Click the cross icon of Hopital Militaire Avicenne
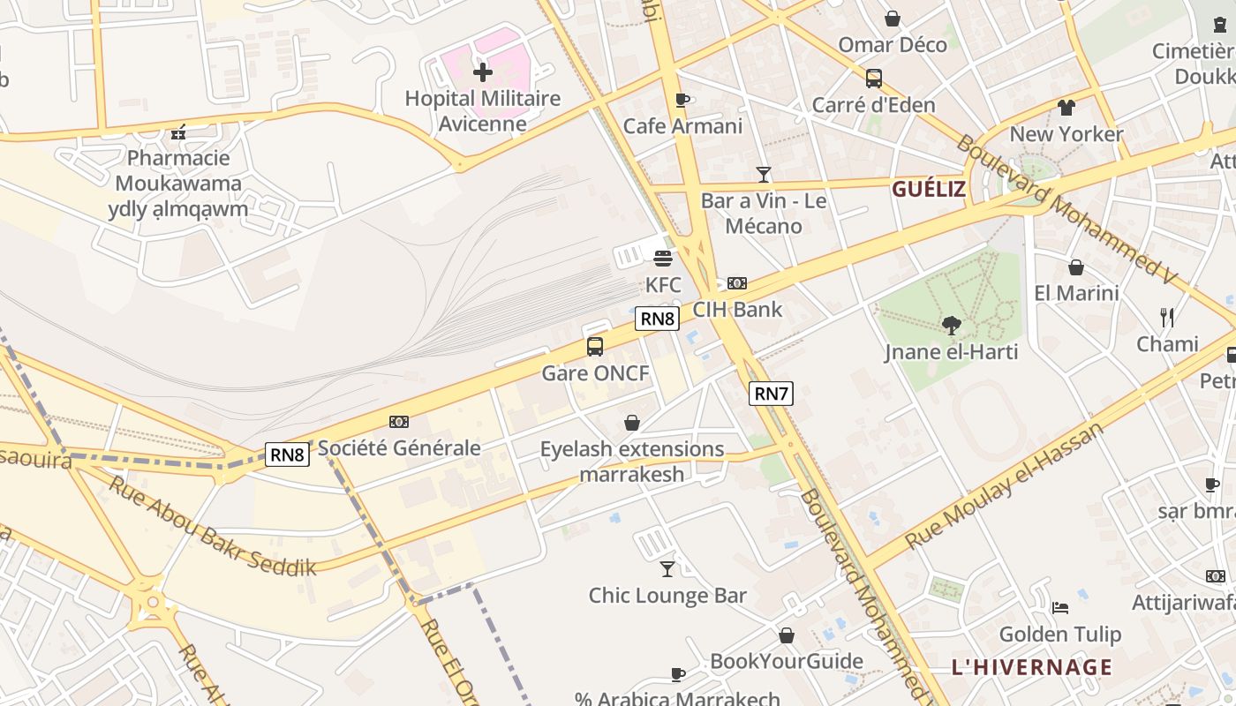[x=483, y=72]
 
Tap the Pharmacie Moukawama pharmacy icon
[x=178, y=133]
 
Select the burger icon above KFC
[x=663, y=258]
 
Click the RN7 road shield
[x=771, y=394]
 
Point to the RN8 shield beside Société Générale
[x=288, y=454]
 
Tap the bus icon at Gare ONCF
[x=595, y=347]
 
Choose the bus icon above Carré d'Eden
[x=873, y=79]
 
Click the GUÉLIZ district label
[x=928, y=189]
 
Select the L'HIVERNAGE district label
[x=1031, y=667]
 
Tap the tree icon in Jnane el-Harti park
[x=951, y=326]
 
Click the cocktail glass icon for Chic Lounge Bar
[x=667, y=569]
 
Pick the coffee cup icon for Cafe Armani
[x=682, y=101]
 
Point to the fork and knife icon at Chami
[x=1167, y=318]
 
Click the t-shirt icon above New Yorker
[x=1066, y=108]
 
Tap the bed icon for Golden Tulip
[x=1060, y=607]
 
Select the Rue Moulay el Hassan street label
[x=1005, y=486]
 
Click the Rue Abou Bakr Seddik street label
[x=212, y=526]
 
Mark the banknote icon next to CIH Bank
[x=737, y=283]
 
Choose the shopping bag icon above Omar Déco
[x=893, y=19]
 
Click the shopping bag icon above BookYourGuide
[x=787, y=635]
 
